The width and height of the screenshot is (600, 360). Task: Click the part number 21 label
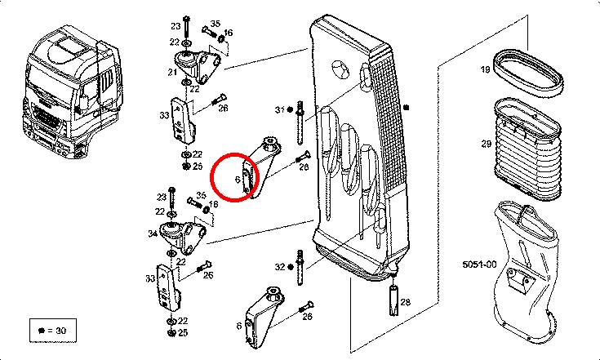172,73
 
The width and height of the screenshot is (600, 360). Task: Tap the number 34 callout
152,234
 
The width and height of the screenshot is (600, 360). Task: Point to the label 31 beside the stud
278,109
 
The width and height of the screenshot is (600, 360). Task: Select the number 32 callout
280,267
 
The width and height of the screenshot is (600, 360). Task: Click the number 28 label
406,302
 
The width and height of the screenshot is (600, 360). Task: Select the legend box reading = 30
51,330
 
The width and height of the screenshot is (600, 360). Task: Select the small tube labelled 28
393,299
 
